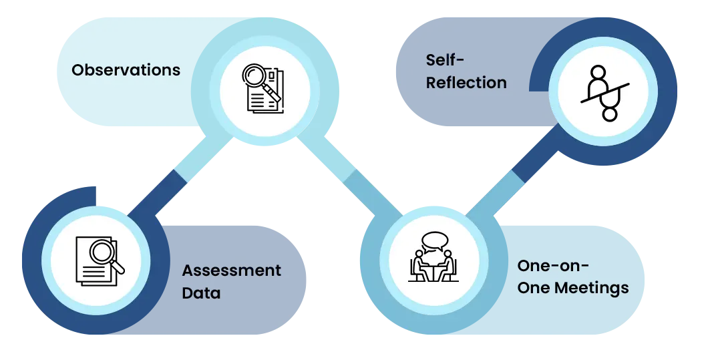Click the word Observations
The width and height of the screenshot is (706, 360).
(126, 70)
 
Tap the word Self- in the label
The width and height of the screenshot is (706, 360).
(444, 60)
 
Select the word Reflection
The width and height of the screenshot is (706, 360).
(466, 83)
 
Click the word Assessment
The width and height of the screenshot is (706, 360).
(232, 271)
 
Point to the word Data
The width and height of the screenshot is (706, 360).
(201, 293)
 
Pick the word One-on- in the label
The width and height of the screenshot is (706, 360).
(553, 265)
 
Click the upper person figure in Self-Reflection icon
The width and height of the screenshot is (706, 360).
(596, 80)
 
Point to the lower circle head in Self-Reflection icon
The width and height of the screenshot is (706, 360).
(610, 114)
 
